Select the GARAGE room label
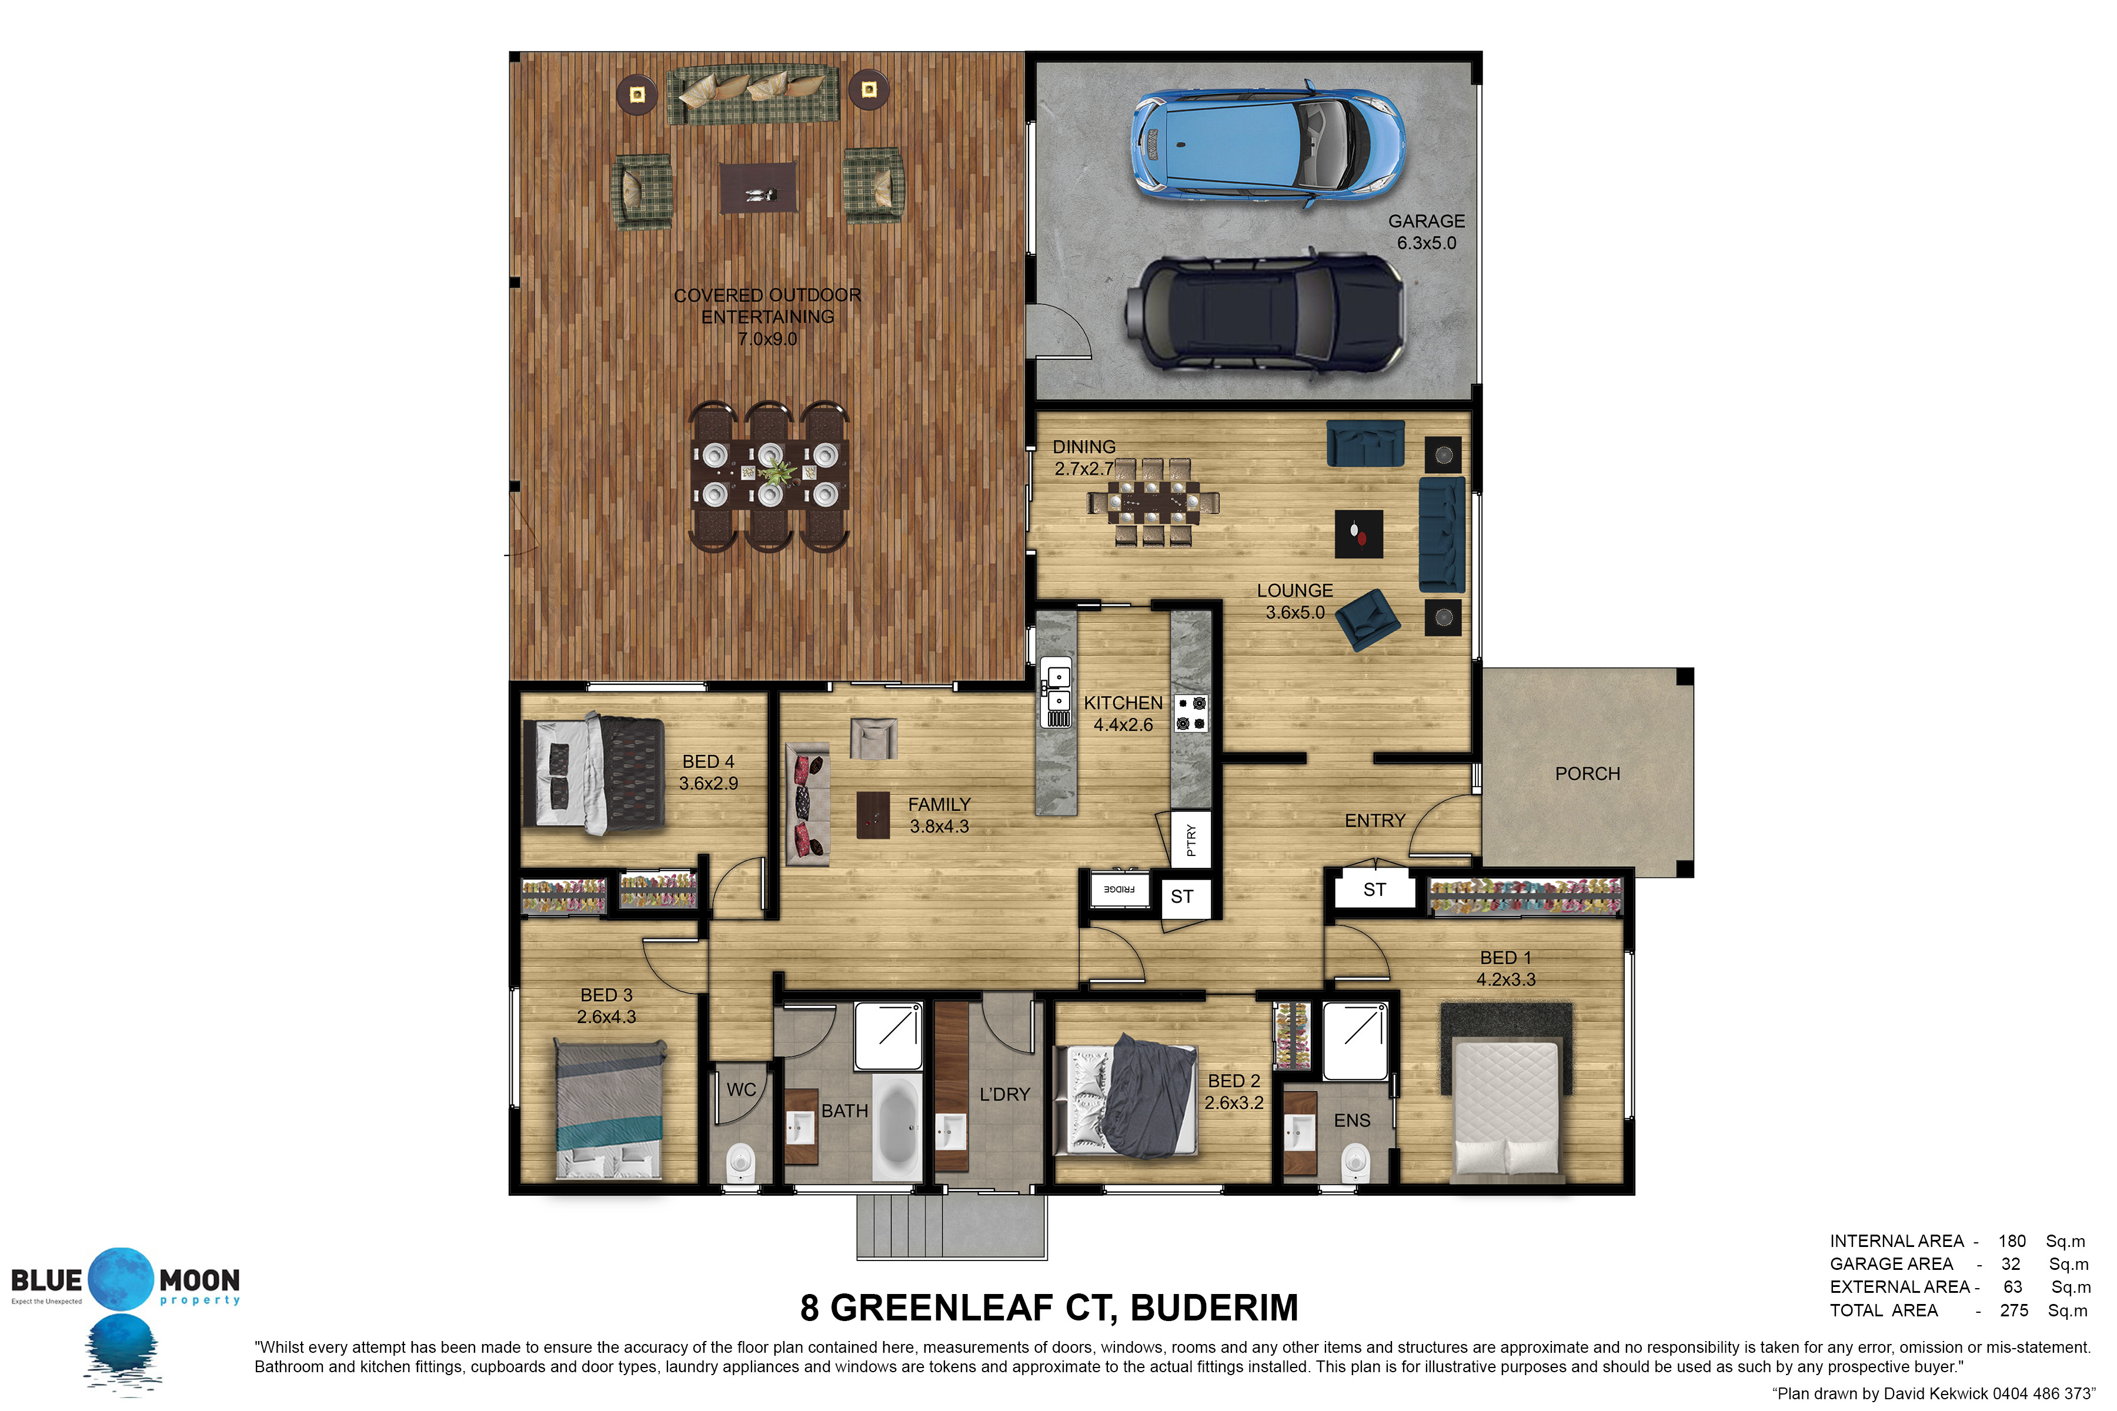[1427, 222]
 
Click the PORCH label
[1588, 774]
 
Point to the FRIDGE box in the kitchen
[1119, 889]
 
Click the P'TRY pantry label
[1191, 840]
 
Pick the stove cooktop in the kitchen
[1191, 714]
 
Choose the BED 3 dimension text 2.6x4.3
[607, 1017]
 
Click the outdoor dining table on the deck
[770, 474]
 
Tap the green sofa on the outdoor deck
[753, 93]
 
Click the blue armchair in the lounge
[1367, 619]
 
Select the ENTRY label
[1374, 821]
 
